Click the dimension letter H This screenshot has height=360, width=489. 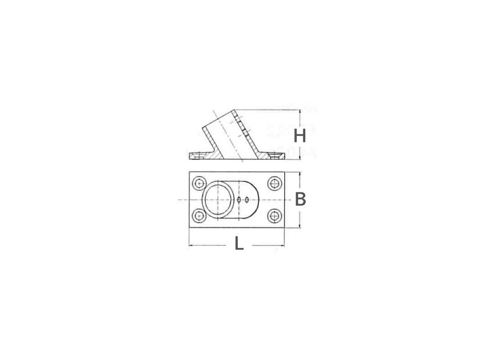pyautogui.click(x=300, y=136)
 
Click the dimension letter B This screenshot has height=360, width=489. pyautogui.click(x=300, y=200)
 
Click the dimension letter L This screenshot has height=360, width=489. pyautogui.click(x=239, y=243)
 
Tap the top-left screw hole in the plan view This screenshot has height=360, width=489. pyautogui.click(x=198, y=184)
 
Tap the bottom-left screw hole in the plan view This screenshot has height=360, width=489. pyautogui.click(x=198, y=215)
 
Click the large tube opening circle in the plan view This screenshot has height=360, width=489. pyautogui.click(x=218, y=200)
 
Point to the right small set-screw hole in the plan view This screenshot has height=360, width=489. pyautogui.click(x=248, y=200)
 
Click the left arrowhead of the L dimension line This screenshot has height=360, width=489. pyautogui.click(x=191, y=245)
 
